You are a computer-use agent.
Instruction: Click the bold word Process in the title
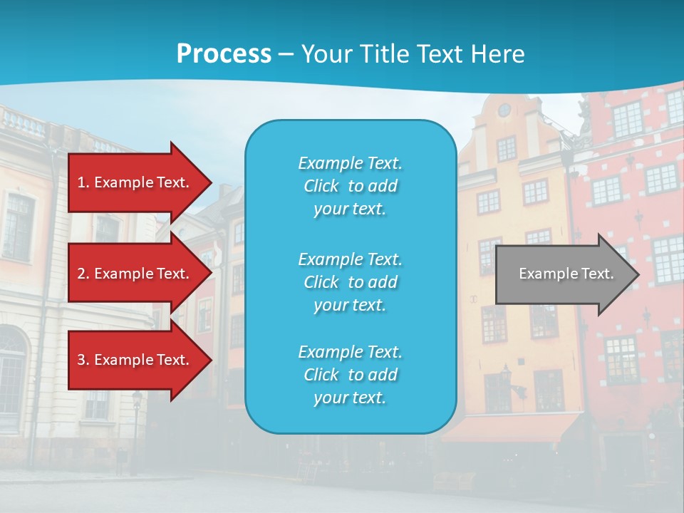pyautogui.click(x=224, y=54)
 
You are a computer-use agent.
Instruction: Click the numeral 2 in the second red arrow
pyautogui.click(x=81, y=274)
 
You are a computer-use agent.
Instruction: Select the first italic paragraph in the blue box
pyautogui.click(x=350, y=185)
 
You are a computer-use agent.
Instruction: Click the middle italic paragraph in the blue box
pyautogui.click(x=350, y=282)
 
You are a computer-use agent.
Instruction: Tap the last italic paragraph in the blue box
pyautogui.click(x=350, y=375)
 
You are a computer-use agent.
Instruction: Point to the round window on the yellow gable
pyautogui.click(x=504, y=110)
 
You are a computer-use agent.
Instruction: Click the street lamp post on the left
pyautogui.click(x=135, y=435)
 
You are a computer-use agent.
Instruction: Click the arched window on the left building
pyautogui.click(x=11, y=370)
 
